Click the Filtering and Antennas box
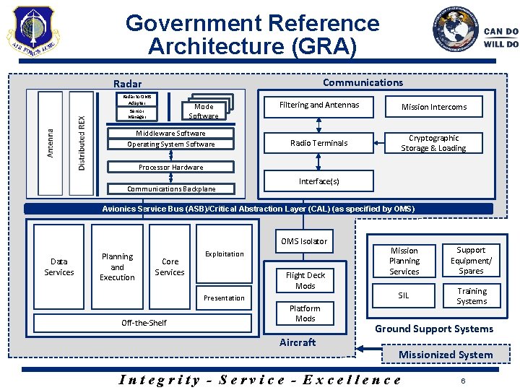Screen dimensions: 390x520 (x=318, y=105)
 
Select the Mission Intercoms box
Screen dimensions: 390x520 (x=434, y=107)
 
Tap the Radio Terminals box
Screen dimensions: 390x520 (x=318, y=143)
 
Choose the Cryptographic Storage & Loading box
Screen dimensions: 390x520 (x=434, y=143)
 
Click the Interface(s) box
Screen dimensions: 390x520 (x=318, y=181)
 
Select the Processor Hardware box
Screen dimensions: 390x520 (x=171, y=167)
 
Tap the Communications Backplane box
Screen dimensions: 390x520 (x=171, y=188)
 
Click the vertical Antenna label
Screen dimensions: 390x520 (x=50, y=143)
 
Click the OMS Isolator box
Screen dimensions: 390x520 (x=304, y=241)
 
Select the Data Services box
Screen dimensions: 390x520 (x=59, y=267)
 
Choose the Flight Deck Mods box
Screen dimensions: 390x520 (x=305, y=280)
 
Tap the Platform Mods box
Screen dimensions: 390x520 (x=305, y=313)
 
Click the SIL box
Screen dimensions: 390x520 (x=404, y=295)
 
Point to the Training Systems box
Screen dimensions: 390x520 (x=472, y=296)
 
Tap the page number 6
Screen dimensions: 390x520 (x=462, y=380)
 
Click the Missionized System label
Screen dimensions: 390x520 (x=446, y=354)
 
